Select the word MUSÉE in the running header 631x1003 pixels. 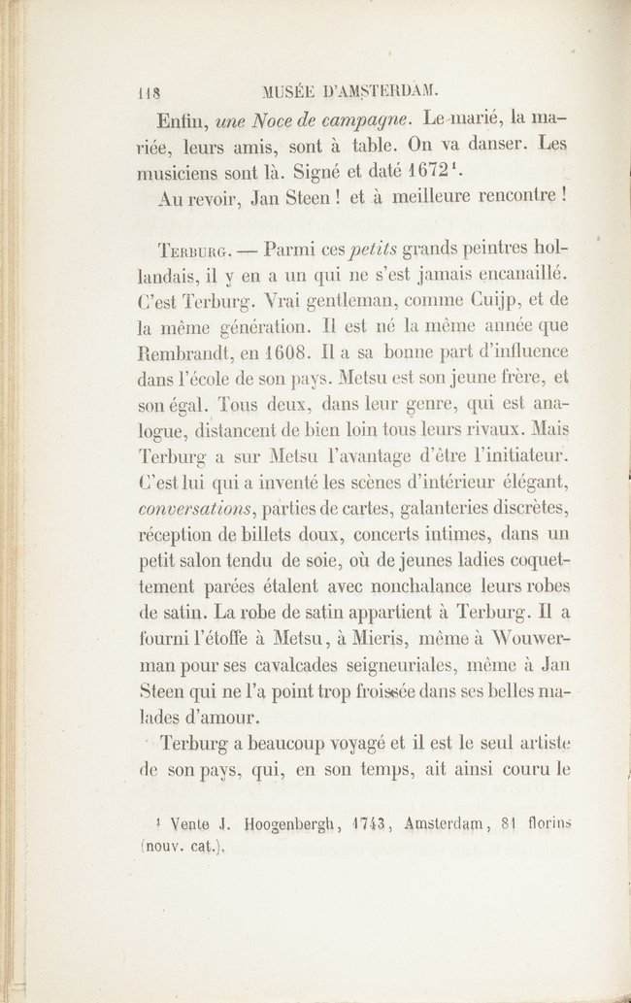(x=293, y=93)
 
